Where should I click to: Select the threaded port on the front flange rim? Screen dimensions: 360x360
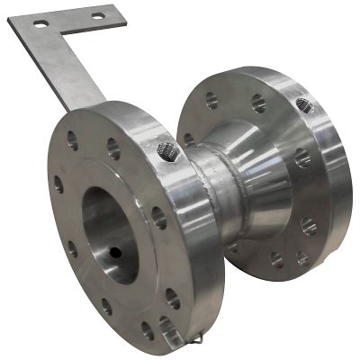click(x=167, y=150)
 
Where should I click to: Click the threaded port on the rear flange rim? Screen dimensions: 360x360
click(x=304, y=105)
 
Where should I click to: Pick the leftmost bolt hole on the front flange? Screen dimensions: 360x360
click(x=58, y=184)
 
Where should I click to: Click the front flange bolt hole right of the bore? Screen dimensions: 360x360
click(x=158, y=217)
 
